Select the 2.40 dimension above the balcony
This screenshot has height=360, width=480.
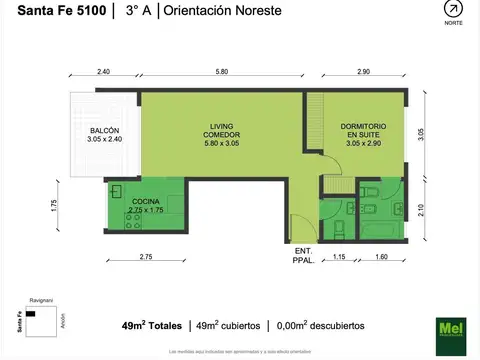tap(104, 72)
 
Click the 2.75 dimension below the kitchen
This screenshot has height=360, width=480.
tap(146, 258)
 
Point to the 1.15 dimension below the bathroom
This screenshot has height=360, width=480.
tap(338, 258)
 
